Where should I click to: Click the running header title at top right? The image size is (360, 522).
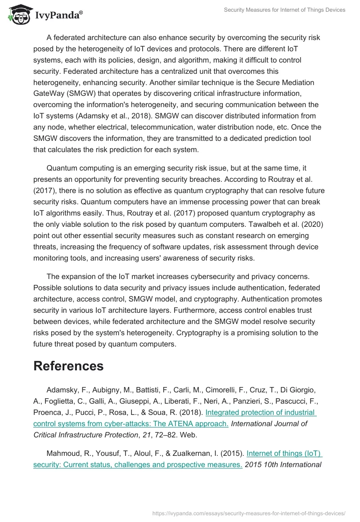[284, 10]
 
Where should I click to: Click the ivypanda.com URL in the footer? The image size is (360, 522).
[249, 513]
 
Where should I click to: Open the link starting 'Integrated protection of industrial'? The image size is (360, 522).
[261, 413]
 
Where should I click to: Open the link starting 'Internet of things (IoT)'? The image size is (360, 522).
[284, 453]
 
